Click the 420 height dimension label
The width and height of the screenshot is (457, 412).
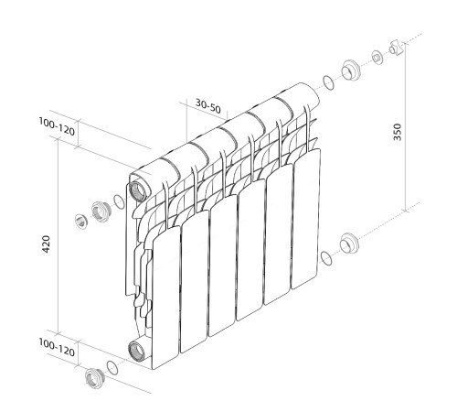[x=47, y=244]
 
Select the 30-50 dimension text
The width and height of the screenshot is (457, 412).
[x=208, y=105]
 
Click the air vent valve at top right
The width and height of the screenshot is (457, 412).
[x=398, y=47]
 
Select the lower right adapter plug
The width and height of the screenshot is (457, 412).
[x=348, y=244]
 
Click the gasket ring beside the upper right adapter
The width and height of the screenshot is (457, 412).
[x=327, y=84]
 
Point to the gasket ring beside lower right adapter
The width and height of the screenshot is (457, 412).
[x=325, y=257]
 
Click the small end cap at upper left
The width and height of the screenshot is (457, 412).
[x=80, y=219]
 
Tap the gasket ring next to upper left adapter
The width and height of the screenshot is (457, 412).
[x=119, y=202]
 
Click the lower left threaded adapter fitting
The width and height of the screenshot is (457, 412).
[x=92, y=378]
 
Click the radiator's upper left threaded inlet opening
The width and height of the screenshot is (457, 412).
[x=139, y=190]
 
